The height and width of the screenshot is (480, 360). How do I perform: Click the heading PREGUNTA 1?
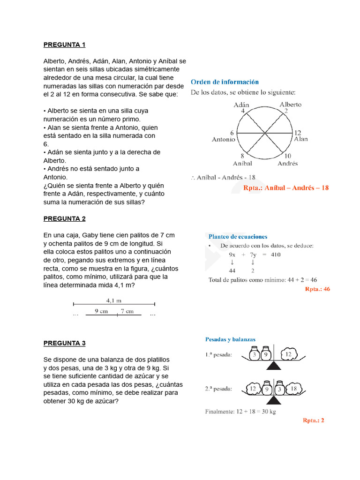(x=64, y=45)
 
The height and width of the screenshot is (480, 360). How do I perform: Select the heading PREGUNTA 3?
(x=64, y=343)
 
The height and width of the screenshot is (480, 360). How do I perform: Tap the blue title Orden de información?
(x=225, y=82)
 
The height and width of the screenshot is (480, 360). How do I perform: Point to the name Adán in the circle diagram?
(x=241, y=105)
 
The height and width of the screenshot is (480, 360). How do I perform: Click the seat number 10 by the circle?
(x=288, y=156)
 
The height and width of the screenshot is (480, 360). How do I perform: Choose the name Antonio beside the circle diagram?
(x=224, y=139)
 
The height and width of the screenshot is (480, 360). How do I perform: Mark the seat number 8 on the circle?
(x=242, y=156)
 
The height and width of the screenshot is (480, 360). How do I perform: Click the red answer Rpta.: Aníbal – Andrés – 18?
(x=286, y=187)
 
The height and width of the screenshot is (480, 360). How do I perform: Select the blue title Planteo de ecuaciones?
(x=238, y=237)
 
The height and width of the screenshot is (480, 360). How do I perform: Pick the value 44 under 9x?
(x=232, y=270)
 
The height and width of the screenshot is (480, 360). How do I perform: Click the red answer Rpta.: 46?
(x=317, y=289)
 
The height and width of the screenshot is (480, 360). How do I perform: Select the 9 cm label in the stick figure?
(x=102, y=310)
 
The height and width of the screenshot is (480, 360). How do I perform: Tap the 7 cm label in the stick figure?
(x=127, y=310)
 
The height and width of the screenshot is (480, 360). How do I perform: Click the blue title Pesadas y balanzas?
(x=230, y=339)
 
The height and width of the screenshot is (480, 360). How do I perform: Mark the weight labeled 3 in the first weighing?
(x=255, y=355)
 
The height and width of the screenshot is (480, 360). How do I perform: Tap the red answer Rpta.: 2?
(x=313, y=420)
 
